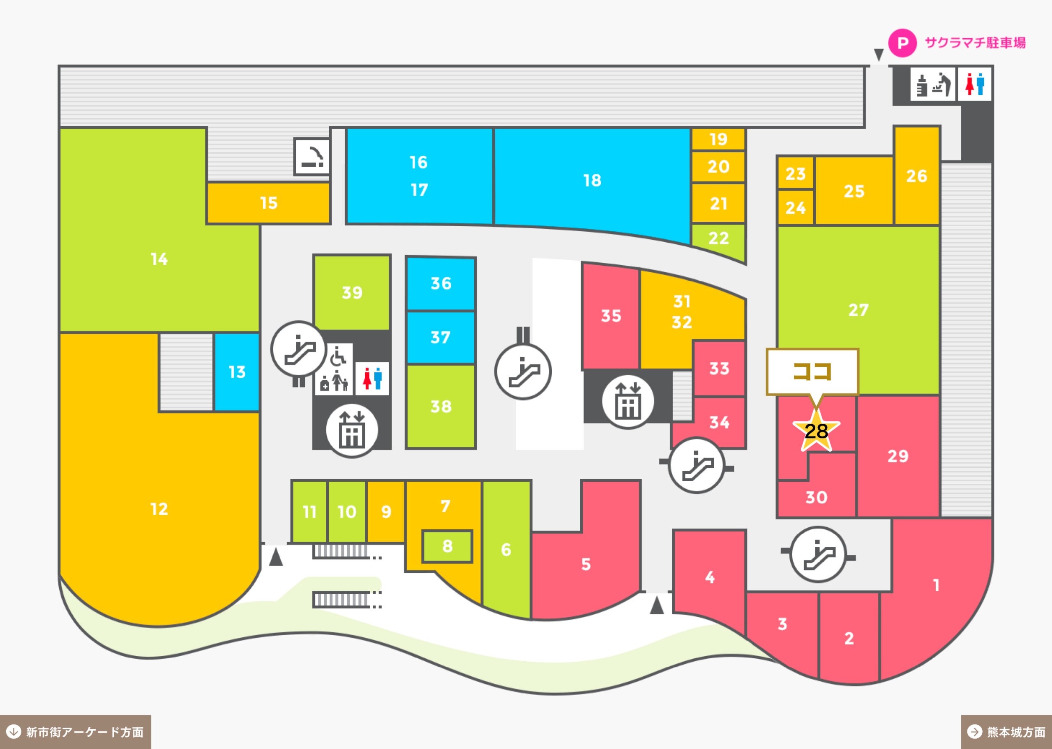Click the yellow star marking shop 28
point(816,430)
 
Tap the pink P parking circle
point(902,43)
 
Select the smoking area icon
point(312,156)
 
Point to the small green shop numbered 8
point(447,546)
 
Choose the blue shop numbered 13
point(237,372)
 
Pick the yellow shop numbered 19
point(718,139)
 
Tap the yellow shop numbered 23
point(796,173)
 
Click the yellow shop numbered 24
point(796,207)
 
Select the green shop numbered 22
point(718,240)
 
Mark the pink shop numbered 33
point(719,368)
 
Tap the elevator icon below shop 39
point(352,430)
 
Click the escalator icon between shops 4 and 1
point(818,554)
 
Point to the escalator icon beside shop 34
point(696,465)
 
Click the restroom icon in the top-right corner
point(974,84)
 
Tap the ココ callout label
point(812,372)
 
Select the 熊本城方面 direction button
point(1006,732)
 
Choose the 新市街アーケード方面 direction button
point(75,732)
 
